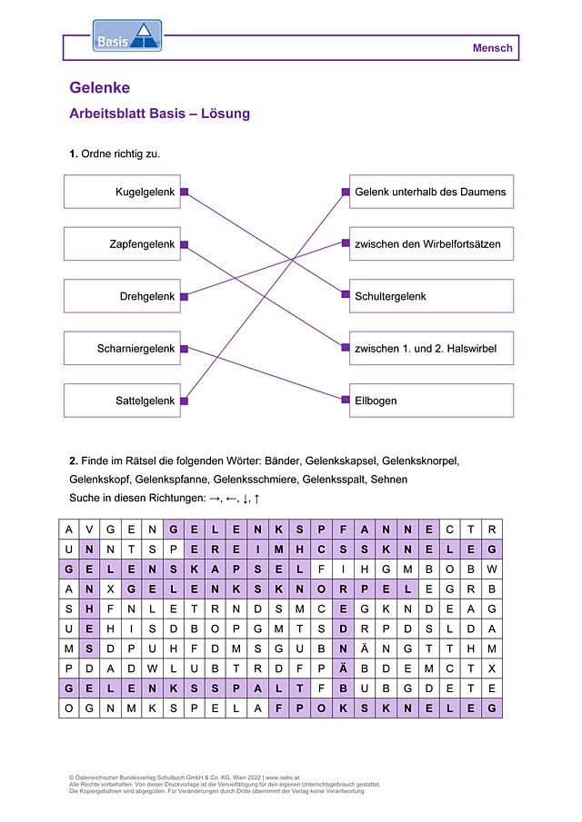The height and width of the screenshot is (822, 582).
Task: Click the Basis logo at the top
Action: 127,35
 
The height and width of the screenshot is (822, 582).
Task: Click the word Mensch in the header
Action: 492,48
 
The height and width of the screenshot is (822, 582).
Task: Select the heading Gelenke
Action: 100,87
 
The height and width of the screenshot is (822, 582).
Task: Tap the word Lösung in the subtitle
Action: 226,114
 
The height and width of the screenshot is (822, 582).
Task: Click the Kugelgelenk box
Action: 122,192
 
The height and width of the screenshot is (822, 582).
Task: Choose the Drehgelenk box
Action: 122,296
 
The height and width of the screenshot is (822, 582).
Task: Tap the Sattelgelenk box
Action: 122,401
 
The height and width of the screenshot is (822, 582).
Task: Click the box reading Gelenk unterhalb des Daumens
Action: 431,192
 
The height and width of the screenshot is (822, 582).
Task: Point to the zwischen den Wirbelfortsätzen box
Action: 431,243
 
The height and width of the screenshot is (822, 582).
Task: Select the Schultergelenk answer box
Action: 431,296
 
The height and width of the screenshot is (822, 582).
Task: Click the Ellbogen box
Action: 431,401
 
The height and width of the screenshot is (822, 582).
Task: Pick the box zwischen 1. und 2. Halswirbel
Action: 431,348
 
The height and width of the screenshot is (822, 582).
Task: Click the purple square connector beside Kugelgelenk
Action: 185,192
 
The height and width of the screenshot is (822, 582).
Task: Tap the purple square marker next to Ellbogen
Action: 346,400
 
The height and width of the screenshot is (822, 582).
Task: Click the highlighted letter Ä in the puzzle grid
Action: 343,668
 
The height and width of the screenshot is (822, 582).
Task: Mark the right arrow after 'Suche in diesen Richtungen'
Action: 214,499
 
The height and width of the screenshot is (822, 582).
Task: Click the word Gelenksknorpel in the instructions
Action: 420,461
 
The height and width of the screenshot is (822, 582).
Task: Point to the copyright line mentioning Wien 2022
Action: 185,777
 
